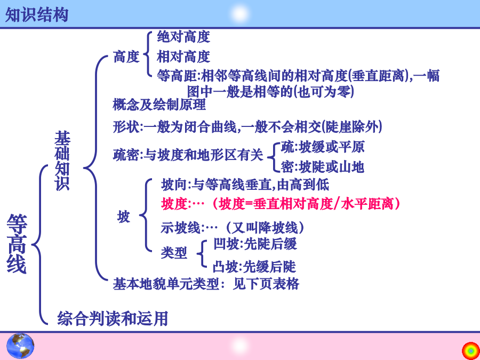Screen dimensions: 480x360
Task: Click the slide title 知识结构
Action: [37, 15]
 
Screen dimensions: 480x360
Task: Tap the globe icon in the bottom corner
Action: [20, 346]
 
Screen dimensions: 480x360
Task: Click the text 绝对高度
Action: [183, 37]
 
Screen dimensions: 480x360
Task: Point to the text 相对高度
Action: [183, 57]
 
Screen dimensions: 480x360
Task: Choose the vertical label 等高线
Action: [17, 243]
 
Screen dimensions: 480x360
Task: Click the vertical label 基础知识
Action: [62, 161]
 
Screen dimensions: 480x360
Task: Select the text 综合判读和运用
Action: [113, 318]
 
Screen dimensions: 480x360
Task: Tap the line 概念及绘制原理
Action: [159, 105]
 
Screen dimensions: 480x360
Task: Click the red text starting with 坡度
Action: [281, 204]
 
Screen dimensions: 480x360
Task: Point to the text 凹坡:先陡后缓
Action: [255, 244]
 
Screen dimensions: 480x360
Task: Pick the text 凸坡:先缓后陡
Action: [254, 267]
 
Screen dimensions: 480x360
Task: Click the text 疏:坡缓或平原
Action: [323, 147]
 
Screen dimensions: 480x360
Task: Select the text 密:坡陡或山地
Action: [322, 167]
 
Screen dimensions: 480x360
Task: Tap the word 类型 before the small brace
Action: [174, 253]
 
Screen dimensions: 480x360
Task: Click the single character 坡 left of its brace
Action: [124, 217]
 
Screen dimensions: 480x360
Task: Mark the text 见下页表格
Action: [266, 284]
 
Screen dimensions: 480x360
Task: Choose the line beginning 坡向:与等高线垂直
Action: [245, 185]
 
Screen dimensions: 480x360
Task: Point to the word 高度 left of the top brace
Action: [126, 57]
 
